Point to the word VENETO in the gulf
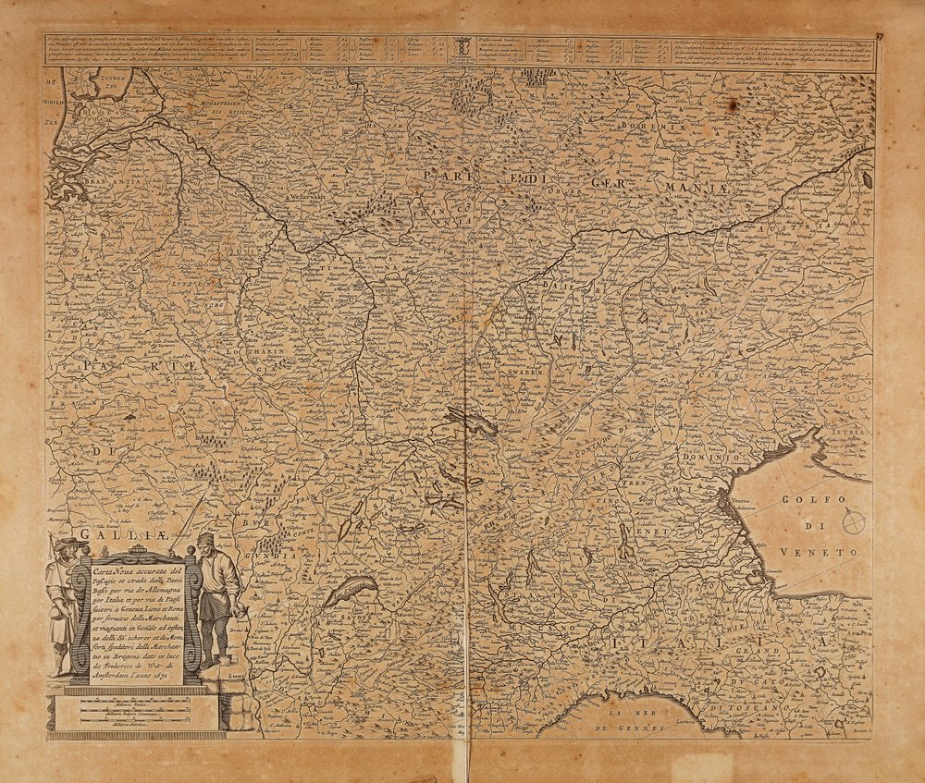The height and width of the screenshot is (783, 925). coord(820,552)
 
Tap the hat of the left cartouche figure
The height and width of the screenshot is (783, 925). coord(67,543)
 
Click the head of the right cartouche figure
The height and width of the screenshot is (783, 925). coord(205,542)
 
